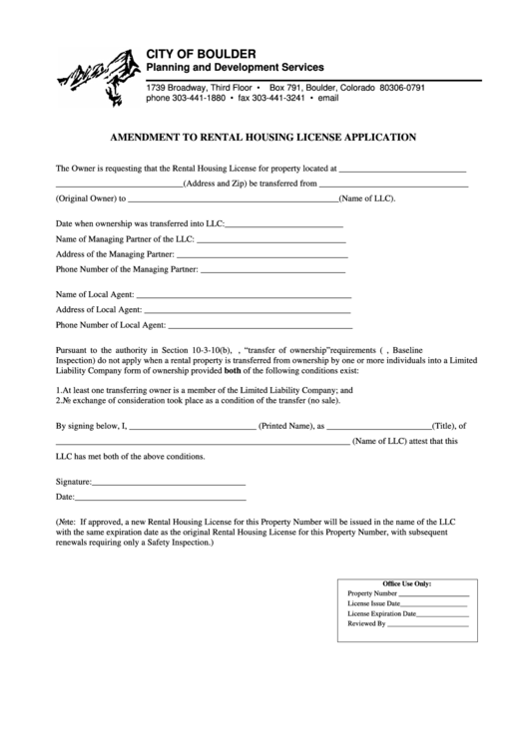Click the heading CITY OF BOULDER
pyautogui.click(x=201, y=52)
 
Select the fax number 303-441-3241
pyautogui.click(x=271, y=100)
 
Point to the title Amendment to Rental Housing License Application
pyautogui.click(x=264, y=138)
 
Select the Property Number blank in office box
pyautogui.click(x=434, y=595)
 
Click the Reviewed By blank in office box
pyautogui.click(x=428, y=625)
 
